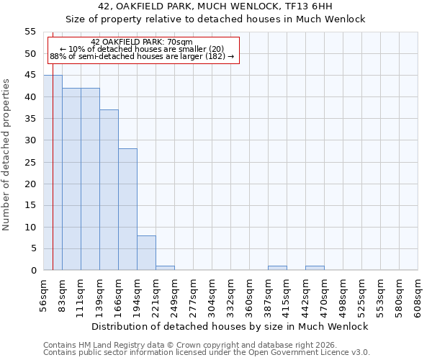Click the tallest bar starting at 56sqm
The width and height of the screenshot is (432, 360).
tap(53, 173)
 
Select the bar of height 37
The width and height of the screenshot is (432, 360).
tap(109, 190)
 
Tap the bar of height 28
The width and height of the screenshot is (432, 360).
tap(127, 210)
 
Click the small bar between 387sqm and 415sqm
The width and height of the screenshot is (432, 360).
tap(277, 268)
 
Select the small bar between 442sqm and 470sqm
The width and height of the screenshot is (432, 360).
tap(315, 268)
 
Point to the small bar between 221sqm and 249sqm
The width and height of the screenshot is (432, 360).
tap(165, 268)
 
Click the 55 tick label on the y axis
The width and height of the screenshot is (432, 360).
tap(30, 32)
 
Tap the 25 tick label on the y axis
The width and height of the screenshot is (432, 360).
tap(30, 162)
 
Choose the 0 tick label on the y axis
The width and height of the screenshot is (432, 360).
tap(33, 271)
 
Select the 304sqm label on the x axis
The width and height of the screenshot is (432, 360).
tap(212, 295)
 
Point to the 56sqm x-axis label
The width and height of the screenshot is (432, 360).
tap(44, 295)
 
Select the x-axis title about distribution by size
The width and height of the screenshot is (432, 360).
tap(230, 326)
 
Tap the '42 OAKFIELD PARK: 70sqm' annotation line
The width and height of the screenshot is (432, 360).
tap(142, 42)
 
